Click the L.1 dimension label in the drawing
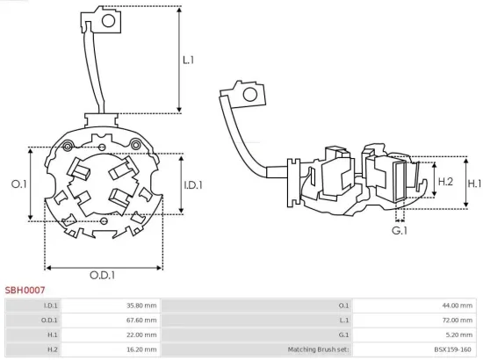(x=188, y=61)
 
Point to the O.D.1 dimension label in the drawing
(x=102, y=275)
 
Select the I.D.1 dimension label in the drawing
(x=194, y=184)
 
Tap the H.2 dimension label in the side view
(x=444, y=182)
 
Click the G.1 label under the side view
(x=400, y=230)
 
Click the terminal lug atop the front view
(x=100, y=18)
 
